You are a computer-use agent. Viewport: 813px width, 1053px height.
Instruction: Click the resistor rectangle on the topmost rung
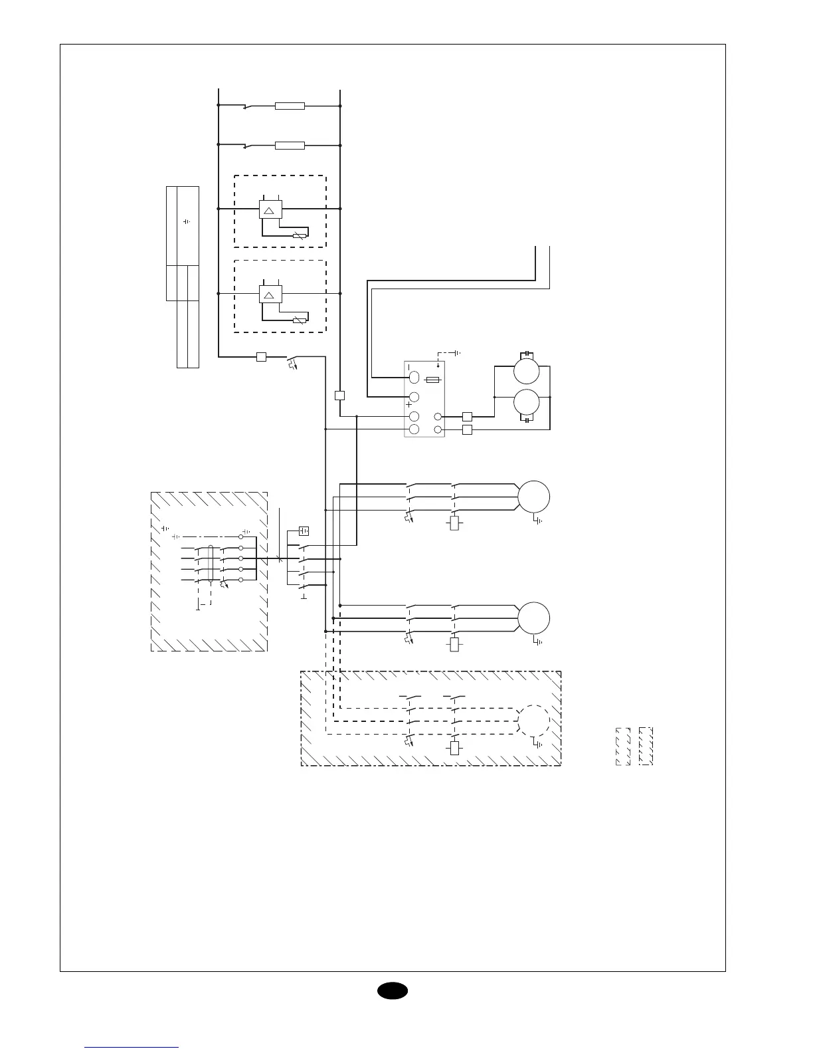290,106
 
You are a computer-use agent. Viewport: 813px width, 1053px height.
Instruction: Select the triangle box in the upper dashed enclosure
270,209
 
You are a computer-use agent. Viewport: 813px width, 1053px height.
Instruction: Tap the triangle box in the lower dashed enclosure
270,294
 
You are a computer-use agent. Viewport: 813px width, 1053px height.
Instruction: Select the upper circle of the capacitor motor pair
527,371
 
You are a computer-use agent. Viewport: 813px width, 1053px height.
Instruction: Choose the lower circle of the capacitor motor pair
527,403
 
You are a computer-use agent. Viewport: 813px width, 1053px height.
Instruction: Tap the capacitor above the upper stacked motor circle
526,353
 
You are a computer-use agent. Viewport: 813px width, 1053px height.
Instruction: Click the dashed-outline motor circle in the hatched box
534,721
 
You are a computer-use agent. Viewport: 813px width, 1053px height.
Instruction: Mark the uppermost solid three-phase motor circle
534,496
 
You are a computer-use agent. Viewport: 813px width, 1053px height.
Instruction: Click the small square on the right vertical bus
340,396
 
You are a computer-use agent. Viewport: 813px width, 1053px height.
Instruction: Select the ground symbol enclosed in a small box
304,530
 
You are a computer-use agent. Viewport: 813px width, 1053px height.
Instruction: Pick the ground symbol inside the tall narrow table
187,221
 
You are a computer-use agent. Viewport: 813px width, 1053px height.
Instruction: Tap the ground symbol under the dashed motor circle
539,745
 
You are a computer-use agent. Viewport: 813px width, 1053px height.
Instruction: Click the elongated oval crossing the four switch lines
210,564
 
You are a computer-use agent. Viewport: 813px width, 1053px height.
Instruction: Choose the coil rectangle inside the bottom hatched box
454,748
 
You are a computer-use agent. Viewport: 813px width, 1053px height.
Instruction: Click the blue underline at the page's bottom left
132,1047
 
